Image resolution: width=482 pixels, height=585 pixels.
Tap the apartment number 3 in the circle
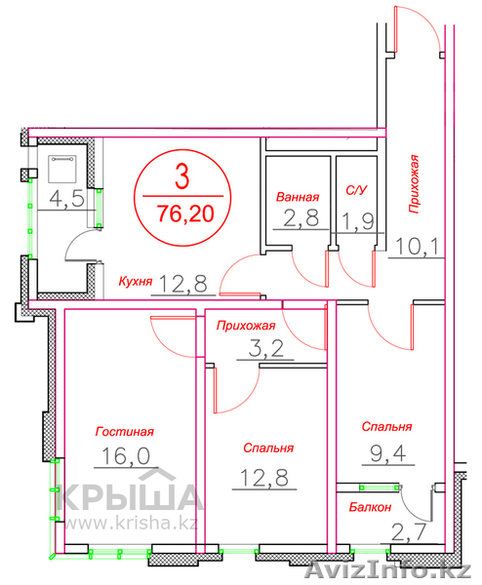(181, 178)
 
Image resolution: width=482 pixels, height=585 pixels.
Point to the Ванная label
(298, 194)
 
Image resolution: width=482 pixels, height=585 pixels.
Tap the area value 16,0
(125, 455)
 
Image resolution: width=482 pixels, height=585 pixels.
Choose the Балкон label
(371, 507)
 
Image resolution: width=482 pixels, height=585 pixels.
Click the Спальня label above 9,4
(386, 427)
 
